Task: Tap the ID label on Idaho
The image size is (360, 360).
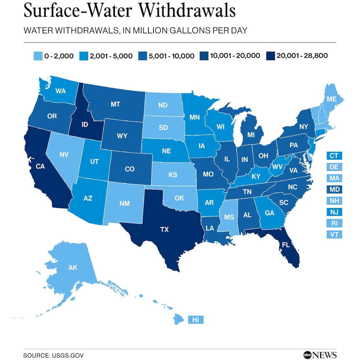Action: pyautogui.click(x=85, y=125)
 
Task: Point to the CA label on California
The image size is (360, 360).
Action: pyautogui.click(x=40, y=167)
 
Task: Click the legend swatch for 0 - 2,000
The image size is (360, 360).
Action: pyautogui.click(x=37, y=56)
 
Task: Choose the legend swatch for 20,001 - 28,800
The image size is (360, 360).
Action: pyautogui.click(x=270, y=56)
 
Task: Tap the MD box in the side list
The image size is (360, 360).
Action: pyautogui.click(x=334, y=189)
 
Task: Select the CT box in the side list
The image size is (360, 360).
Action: pyautogui.click(x=334, y=156)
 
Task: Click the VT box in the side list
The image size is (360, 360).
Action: pyautogui.click(x=334, y=234)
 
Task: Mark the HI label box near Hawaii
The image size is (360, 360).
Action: pyautogui.click(x=196, y=320)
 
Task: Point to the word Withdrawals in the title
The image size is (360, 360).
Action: pyautogui.click(x=188, y=11)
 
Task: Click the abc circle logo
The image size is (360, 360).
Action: pyautogui.click(x=307, y=355)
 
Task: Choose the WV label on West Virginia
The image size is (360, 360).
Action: pyautogui.click(x=278, y=167)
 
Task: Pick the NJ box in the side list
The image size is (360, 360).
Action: pyautogui.click(x=334, y=212)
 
